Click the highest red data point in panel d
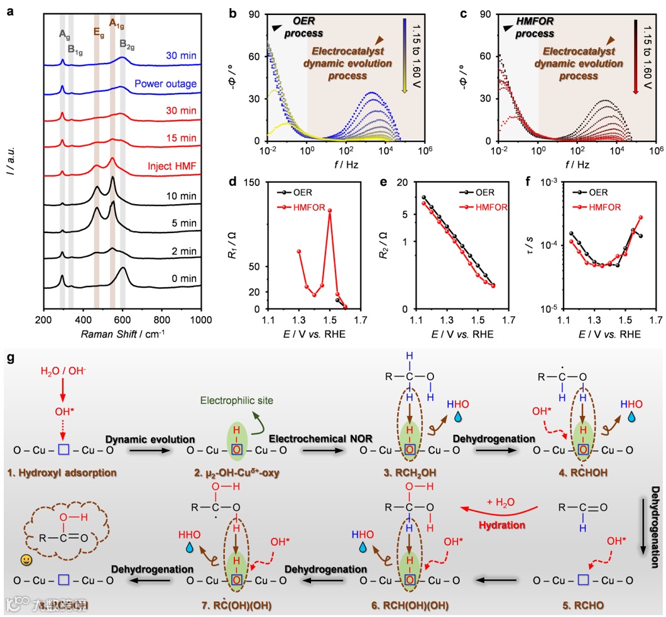click(329, 210)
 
